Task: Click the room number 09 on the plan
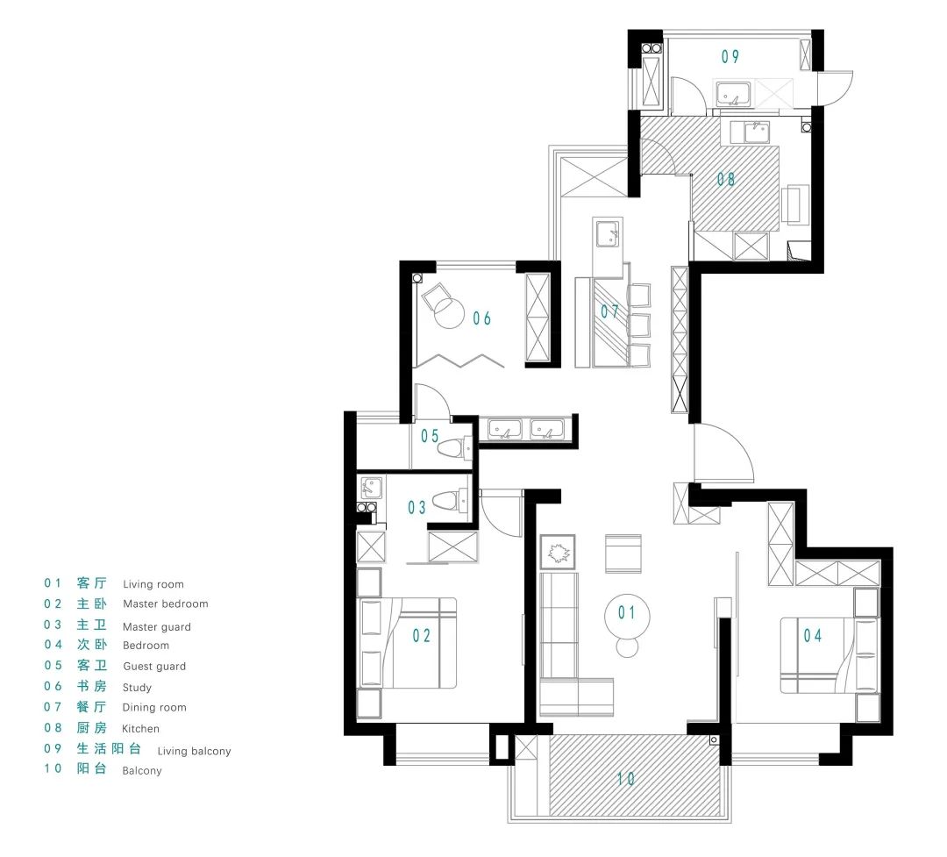tap(730, 56)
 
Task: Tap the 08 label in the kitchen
tap(726, 179)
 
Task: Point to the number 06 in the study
tap(482, 318)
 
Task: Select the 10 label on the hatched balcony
tap(626, 778)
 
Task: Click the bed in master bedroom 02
tap(407, 643)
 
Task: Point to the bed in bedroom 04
tap(830, 655)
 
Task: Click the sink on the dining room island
tap(607, 234)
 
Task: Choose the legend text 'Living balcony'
tap(195, 751)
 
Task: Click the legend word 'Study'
tap(137, 688)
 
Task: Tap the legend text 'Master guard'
tap(157, 626)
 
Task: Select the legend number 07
tap(53, 706)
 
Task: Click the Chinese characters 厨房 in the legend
tap(92, 728)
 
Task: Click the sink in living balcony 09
tap(733, 94)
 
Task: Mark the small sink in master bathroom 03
tap(371, 487)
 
